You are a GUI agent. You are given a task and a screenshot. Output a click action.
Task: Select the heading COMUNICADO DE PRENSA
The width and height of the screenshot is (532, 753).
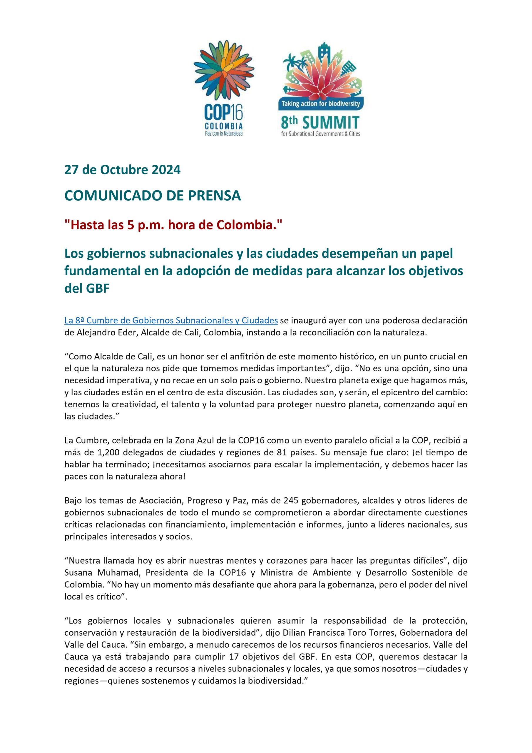coord(153,196)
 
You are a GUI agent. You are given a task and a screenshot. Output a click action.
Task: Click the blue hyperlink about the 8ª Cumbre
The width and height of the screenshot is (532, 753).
coord(171,320)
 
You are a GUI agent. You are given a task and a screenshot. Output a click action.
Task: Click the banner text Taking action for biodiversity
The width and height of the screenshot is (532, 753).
coord(321,104)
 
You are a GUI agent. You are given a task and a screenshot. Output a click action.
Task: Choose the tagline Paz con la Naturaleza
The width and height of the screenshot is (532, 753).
coord(224,134)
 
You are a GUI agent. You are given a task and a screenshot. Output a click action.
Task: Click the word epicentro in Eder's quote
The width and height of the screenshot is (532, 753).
coord(383,392)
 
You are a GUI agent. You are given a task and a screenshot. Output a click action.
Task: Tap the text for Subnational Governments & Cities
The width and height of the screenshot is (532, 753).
coord(321,134)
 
